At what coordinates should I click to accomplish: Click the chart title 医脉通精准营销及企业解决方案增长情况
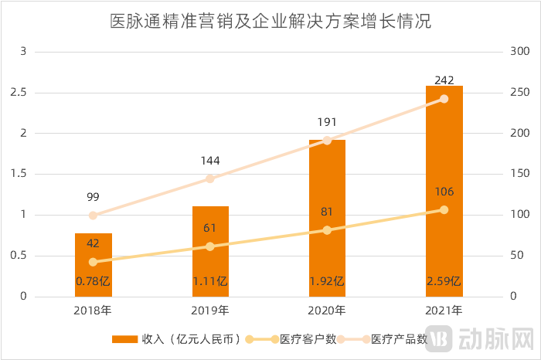click(270, 22)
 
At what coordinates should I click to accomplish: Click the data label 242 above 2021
click(444, 80)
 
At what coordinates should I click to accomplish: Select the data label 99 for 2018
click(93, 197)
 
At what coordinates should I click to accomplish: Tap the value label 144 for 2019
click(210, 161)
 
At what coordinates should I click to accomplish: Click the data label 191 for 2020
click(327, 122)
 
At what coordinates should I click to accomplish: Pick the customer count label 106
click(444, 192)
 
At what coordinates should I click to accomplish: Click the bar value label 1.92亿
click(327, 281)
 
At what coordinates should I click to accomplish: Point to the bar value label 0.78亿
click(94, 281)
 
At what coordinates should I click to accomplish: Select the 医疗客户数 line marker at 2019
click(210, 246)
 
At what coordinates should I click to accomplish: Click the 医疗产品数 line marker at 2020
click(327, 141)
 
